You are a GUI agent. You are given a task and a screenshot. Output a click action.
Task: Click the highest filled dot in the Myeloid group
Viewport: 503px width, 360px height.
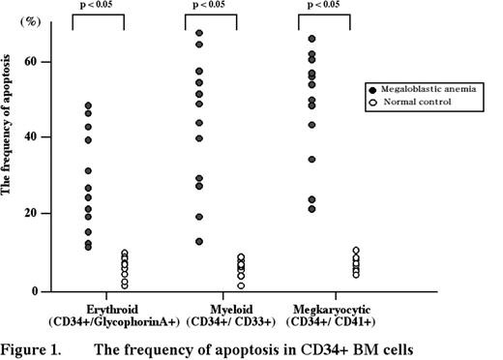(199, 34)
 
